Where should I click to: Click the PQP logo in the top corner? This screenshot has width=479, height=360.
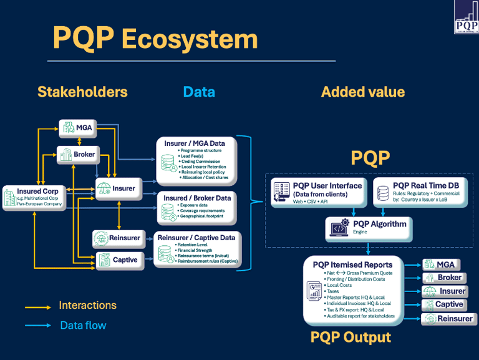click(467, 17)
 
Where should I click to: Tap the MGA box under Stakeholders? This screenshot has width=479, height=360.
click(77, 128)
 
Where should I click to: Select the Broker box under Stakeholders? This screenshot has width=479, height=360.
click(77, 153)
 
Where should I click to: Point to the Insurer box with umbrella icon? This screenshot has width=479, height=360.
click(115, 188)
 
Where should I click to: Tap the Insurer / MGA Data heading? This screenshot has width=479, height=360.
click(194, 144)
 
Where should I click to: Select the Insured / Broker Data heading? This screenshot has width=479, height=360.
click(197, 198)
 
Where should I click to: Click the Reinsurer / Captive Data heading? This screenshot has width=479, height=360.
click(196, 238)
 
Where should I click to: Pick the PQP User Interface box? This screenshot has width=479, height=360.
click(319, 193)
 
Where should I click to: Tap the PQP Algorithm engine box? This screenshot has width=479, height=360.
click(370, 228)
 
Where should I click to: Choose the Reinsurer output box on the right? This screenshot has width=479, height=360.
click(448, 319)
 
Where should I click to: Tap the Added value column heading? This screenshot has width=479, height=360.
click(363, 92)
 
